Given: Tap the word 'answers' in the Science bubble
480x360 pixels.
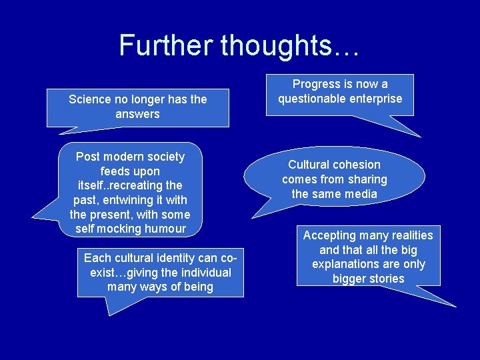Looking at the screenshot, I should (x=137, y=114).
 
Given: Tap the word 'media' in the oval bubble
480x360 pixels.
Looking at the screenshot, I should (x=362, y=194).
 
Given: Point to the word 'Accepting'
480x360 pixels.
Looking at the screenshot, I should (x=331, y=235).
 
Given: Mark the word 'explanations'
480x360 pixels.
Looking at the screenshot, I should (x=343, y=264).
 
